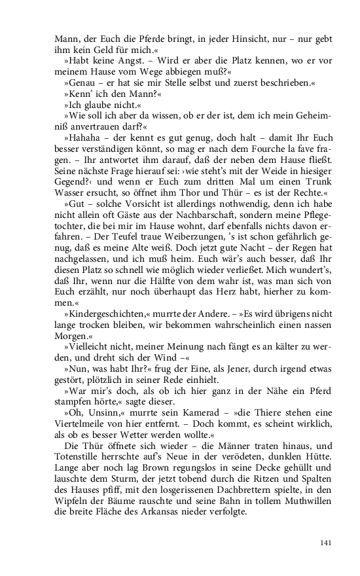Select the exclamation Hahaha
(83, 137)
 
